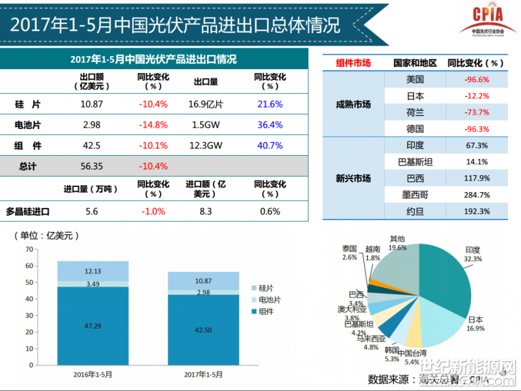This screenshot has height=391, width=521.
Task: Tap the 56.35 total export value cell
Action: (92, 166)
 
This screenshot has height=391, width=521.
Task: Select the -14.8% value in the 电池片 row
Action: (153, 124)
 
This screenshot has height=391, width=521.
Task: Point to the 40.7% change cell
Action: (270, 145)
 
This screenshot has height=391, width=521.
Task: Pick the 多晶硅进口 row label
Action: (28, 211)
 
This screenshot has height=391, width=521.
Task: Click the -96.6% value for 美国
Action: (477, 80)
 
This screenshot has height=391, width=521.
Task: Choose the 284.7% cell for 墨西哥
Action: (477, 194)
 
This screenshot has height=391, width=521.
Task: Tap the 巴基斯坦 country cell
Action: (414, 162)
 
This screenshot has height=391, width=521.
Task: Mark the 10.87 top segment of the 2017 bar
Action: (203, 281)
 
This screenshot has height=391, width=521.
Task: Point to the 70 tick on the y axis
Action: (28, 249)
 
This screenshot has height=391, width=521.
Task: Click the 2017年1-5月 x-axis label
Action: (203, 375)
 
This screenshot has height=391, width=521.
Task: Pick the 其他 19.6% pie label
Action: (397, 243)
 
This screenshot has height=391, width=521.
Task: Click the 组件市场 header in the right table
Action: (353, 63)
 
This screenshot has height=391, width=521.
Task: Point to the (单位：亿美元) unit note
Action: (49, 235)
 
